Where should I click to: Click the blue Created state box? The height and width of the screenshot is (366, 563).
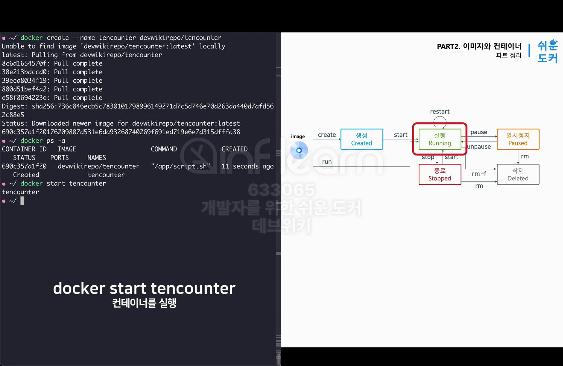(x=361, y=139)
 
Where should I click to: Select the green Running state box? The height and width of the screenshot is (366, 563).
(x=440, y=139)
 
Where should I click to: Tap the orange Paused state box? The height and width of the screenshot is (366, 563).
(x=518, y=139)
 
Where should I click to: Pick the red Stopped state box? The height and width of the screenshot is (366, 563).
(x=440, y=175)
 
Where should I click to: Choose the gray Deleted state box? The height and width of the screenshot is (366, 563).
(x=518, y=175)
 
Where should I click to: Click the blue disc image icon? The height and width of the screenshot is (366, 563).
(x=299, y=150)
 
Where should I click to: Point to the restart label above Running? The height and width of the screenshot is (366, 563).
(x=440, y=111)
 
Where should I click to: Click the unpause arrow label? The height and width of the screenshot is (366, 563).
(x=479, y=147)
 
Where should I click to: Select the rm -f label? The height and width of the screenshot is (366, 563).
(x=479, y=174)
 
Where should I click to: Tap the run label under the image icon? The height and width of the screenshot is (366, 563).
(x=327, y=162)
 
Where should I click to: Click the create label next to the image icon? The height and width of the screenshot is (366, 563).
(x=327, y=135)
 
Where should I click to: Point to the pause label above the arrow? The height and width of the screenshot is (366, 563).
(x=479, y=132)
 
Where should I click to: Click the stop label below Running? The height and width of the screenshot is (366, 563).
(x=428, y=157)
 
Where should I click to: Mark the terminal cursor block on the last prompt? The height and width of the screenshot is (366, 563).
(x=22, y=201)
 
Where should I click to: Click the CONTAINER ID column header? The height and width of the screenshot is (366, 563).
(x=24, y=149)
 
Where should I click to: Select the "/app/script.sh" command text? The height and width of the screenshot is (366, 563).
(x=181, y=166)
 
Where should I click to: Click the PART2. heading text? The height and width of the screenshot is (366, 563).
(x=449, y=46)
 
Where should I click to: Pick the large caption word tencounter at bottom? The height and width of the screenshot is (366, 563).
(x=193, y=288)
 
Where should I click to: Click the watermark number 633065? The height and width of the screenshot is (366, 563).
(x=281, y=190)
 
